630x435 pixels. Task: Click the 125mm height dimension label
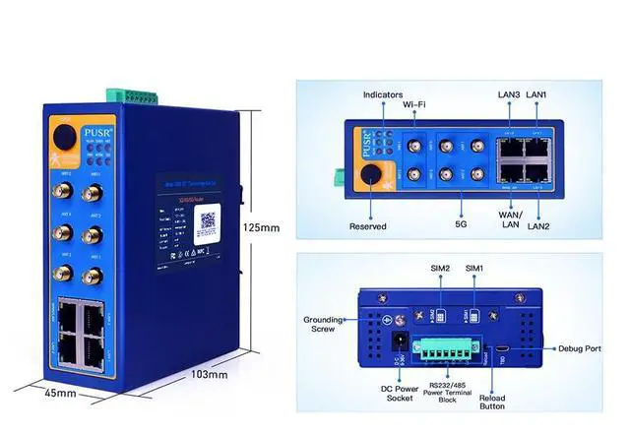[x=261, y=227]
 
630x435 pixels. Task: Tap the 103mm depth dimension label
[x=210, y=374]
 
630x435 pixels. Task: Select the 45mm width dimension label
[x=60, y=394]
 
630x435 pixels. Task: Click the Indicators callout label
[x=383, y=95]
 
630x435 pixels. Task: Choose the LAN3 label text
[x=508, y=94]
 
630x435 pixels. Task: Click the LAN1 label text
[x=536, y=94]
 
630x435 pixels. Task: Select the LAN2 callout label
[x=539, y=227]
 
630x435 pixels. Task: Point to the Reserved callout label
[x=367, y=226]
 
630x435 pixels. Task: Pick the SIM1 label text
[x=474, y=268]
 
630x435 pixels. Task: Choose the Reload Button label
[x=491, y=399]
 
